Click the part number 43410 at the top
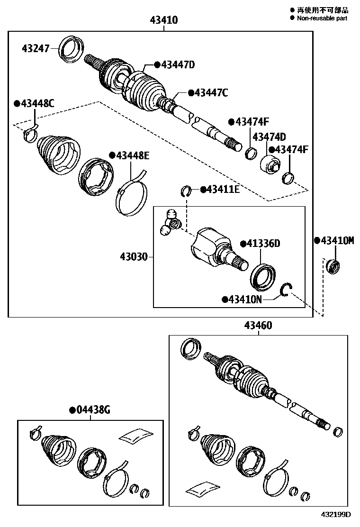point(164,20)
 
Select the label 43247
point(36,48)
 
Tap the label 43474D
point(269,137)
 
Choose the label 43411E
point(220,190)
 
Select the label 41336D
point(260,244)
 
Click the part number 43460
point(258,326)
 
